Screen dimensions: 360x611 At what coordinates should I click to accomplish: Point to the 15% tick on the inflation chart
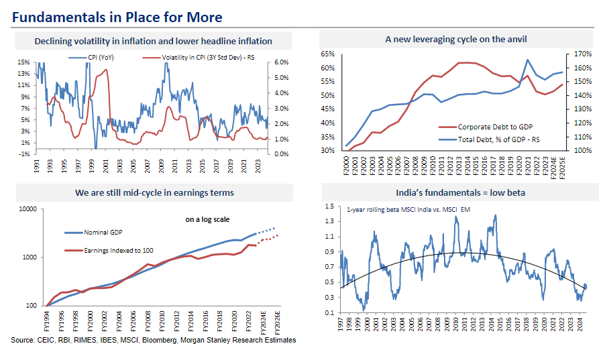(x=23, y=62)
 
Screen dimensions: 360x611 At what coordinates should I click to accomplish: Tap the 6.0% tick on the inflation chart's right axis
(x=280, y=62)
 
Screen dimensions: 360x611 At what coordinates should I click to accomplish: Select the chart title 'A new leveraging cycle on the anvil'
(x=456, y=40)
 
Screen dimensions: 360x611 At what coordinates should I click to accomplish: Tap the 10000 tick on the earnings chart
(x=27, y=209)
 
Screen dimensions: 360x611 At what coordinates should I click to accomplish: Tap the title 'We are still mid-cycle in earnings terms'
(x=154, y=194)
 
